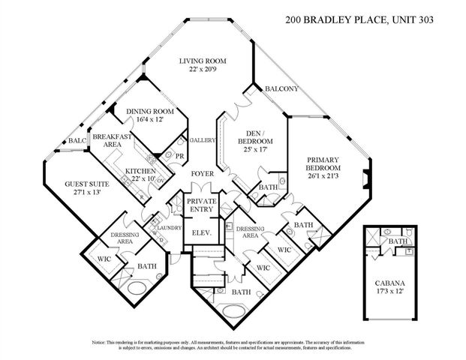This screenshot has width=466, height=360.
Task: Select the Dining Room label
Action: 144,115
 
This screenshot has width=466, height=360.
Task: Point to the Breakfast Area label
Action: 113,140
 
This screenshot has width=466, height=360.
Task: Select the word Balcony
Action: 281,89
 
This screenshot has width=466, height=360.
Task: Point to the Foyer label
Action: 202,174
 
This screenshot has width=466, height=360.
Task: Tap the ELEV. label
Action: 200,233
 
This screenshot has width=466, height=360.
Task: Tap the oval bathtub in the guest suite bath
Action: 138,288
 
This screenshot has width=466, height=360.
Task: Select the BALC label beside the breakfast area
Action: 77,141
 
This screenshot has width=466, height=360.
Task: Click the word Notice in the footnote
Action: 103,342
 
